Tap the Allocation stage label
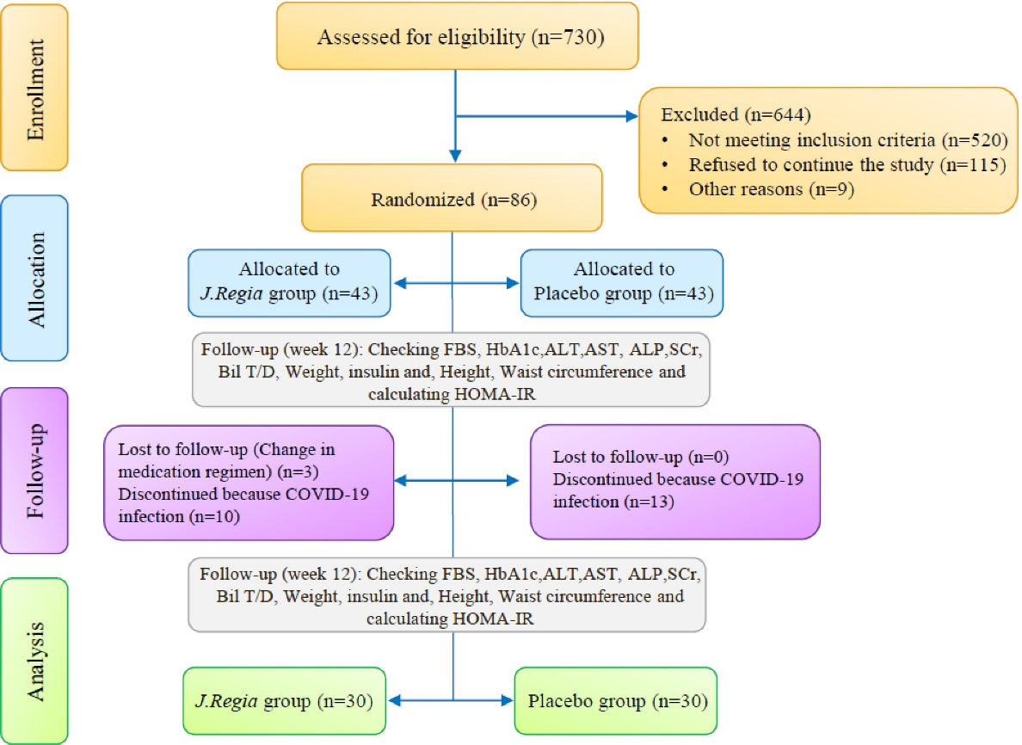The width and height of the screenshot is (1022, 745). [34, 277]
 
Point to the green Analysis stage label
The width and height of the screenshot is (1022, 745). [34, 660]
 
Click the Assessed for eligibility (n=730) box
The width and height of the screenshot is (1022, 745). [457, 36]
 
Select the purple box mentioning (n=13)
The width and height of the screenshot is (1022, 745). [675, 481]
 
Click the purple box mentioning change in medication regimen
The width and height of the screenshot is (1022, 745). [249, 483]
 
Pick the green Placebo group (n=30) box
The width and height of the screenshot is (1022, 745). [615, 700]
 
